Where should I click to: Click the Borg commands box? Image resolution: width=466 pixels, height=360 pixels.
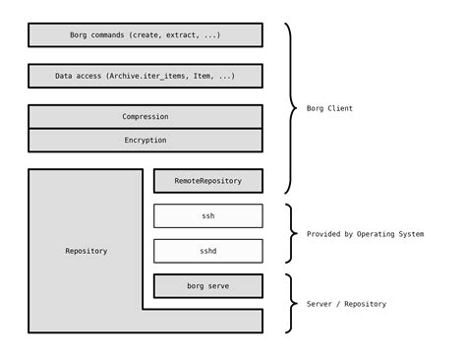click(x=146, y=35)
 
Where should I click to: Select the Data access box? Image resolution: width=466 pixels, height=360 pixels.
click(x=146, y=76)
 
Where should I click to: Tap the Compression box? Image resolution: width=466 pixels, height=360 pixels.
click(x=146, y=117)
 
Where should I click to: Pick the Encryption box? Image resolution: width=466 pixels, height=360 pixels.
click(x=146, y=141)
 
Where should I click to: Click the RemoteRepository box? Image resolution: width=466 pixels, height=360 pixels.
click(x=207, y=181)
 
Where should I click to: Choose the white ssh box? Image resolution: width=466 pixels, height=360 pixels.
click(x=207, y=215)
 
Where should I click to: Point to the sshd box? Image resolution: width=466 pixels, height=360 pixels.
click(x=207, y=251)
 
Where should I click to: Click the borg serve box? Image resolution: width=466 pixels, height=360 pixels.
click(x=207, y=286)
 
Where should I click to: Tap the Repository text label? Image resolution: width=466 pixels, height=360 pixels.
click(x=87, y=251)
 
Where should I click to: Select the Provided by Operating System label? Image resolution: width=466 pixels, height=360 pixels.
click(x=366, y=234)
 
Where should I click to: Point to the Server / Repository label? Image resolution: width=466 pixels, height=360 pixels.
click(x=346, y=304)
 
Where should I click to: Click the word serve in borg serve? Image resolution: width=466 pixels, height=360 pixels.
click(x=220, y=286)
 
